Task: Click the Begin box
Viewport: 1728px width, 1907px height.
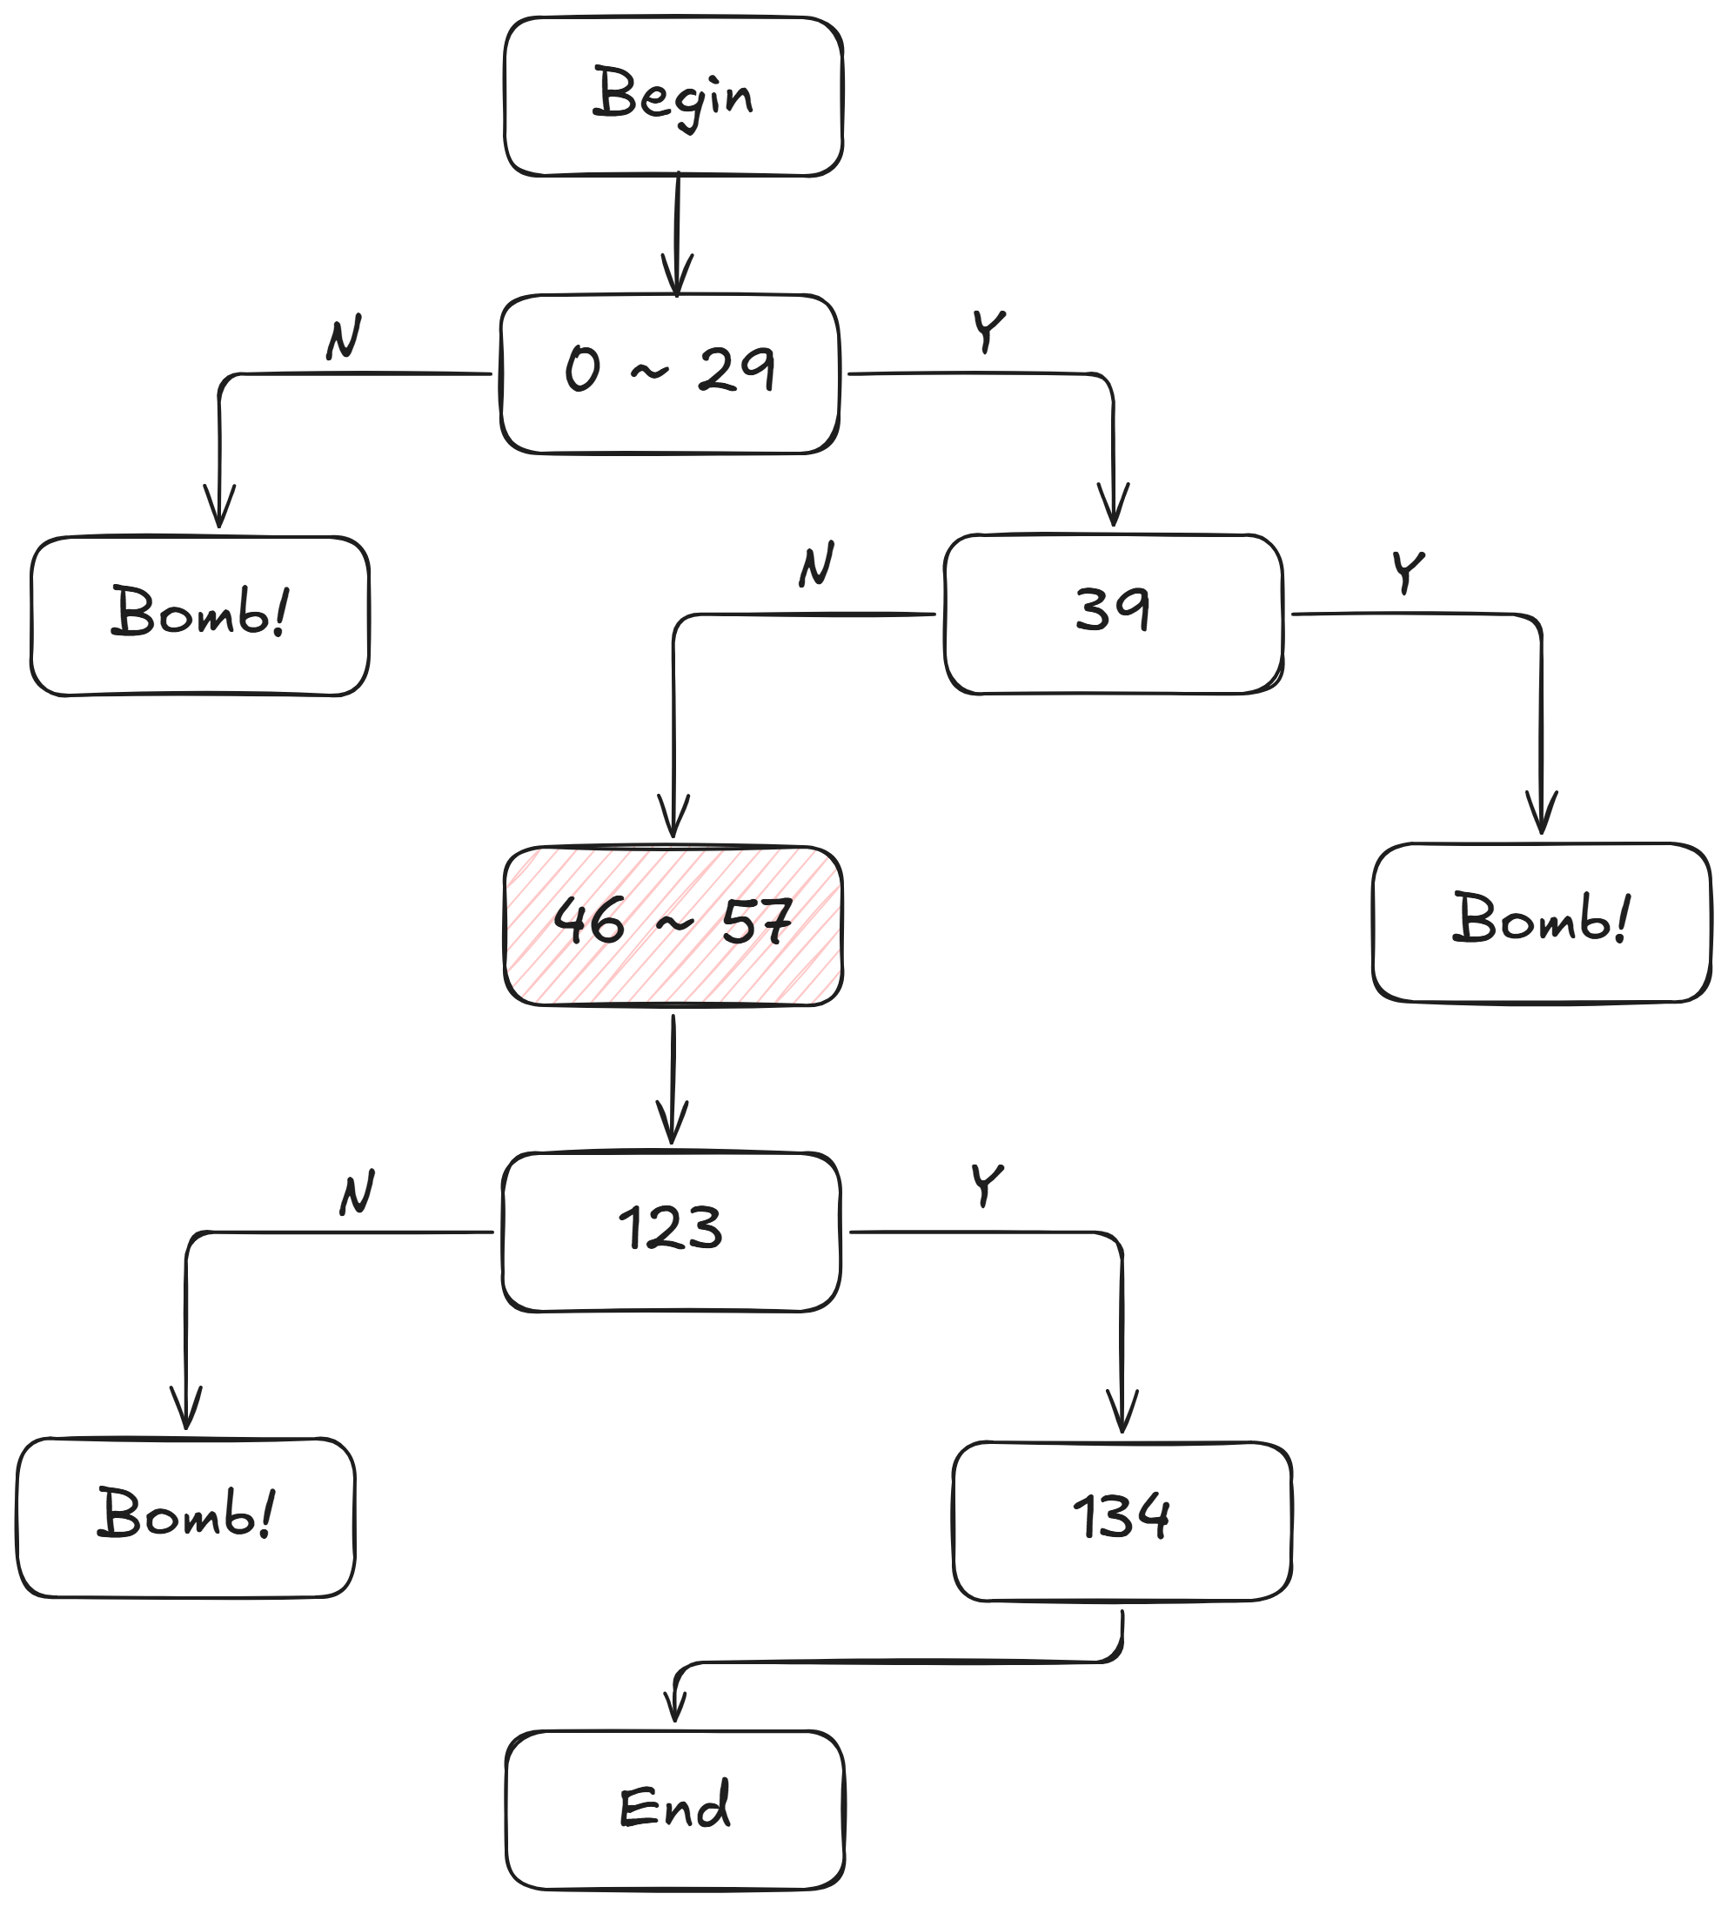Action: click(x=673, y=97)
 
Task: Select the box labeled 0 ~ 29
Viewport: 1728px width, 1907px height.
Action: click(x=670, y=373)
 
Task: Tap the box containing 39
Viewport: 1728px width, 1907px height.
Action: click(x=1113, y=614)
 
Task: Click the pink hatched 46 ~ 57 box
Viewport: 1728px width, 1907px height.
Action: click(x=673, y=925)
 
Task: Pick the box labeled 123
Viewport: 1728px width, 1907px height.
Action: click(x=671, y=1232)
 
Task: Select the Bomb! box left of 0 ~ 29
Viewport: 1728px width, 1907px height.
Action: click(x=199, y=616)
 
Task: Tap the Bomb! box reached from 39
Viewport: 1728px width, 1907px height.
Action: click(x=1541, y=923)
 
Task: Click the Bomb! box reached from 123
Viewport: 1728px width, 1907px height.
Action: click(x=185, y=1517)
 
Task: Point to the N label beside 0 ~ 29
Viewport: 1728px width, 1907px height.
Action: click(x=345, y=338)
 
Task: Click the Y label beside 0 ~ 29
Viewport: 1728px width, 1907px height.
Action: click(x=988, y=332)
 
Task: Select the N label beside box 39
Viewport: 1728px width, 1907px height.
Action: click(x=816, y=565)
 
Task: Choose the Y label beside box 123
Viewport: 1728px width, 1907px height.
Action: click(x=987, y=1185)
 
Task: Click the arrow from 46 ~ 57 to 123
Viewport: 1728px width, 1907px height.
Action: click(x=673, y=1078)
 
